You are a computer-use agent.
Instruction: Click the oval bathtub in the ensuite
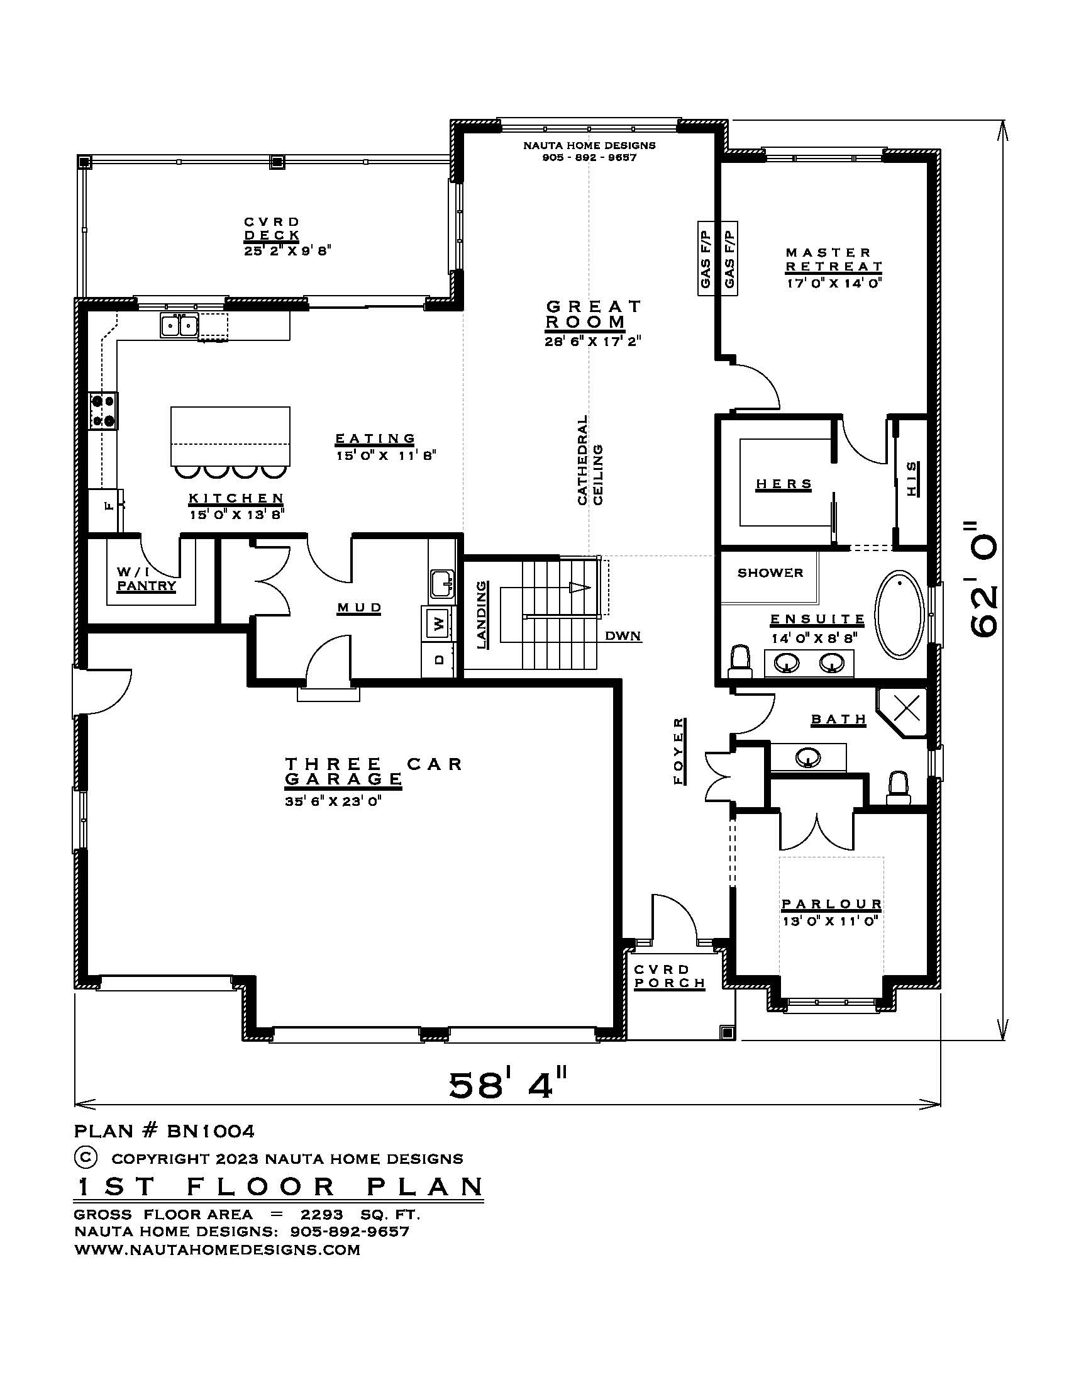[x=900, y=614]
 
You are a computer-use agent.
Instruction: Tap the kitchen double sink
[x=179, y=326]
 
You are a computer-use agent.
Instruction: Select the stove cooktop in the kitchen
[x=103, y=410]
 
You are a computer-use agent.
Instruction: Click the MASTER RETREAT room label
[x=833, y=260]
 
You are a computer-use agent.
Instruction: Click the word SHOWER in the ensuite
[x=770, y=573]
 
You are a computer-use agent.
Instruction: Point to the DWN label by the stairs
[x=623, y=635]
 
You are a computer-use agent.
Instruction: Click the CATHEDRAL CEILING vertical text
[x=590, y=459]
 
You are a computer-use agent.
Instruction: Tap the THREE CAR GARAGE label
[x=374, y=771]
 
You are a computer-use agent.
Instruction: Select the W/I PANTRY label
[x=147, y=579]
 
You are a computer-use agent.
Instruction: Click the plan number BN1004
[x=211, y=1130]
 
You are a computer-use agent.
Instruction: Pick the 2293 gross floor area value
[x=322, y=1215]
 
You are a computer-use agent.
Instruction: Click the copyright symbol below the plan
[x=86, y=1157]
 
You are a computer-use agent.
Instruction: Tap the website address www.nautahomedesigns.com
[x=217, y=1249]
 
